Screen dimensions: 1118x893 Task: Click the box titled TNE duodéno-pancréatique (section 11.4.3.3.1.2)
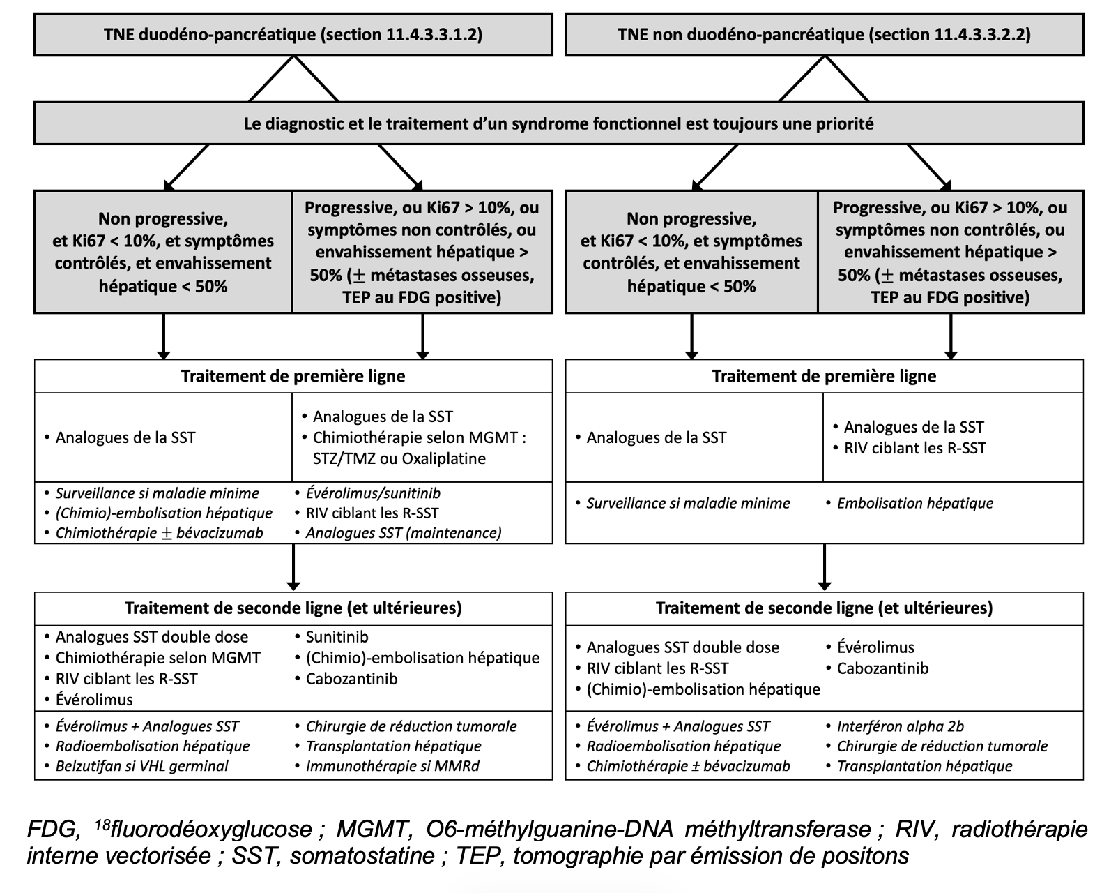click(293, 34)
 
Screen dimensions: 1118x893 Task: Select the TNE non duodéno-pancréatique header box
click(825, 34)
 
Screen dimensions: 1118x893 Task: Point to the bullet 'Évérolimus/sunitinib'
click(373, 493)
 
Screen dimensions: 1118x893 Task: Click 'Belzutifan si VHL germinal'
click(141, 766)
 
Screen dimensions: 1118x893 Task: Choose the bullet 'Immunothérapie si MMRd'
click(392, 766)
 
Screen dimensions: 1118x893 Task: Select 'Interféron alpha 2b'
click(901, 726)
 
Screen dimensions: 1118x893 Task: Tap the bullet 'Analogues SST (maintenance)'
click(404, 533)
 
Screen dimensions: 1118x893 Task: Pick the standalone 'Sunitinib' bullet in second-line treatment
click(337, 637)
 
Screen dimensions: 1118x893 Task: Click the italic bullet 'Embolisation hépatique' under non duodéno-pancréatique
click(915, 504)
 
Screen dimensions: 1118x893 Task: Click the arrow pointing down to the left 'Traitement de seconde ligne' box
click(293, 567)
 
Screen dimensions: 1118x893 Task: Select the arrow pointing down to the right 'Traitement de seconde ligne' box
click(825, 567)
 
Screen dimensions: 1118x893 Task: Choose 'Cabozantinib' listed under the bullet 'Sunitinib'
click(351, 680)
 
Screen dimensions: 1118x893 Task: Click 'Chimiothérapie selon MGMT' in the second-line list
click(158, 659)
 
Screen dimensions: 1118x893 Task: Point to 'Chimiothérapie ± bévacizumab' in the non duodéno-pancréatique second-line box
click(689, 766)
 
